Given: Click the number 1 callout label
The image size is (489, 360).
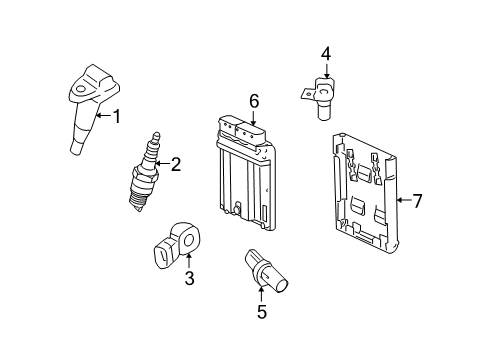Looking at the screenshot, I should [x=116, y=117].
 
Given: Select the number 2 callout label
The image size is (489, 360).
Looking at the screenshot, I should [x=175, y=164].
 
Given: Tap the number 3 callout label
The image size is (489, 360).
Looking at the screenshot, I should [x=189, y=280].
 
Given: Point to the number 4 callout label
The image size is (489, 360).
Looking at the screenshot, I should [x=325, y=54].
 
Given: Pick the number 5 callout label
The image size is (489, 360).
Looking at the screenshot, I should [x=261, y=312].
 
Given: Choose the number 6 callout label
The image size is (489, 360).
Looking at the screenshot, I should [x=254, y=101].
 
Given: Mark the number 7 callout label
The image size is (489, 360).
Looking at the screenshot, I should [x=418, y=201].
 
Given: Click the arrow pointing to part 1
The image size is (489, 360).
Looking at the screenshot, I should [x=103, y=117].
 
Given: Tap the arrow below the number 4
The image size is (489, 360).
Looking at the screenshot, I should [x=325, y=71].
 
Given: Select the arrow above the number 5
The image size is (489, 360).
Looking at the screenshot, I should [x=261, y=293].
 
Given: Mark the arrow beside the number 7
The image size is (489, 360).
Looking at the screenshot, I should [x=402, y=201].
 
